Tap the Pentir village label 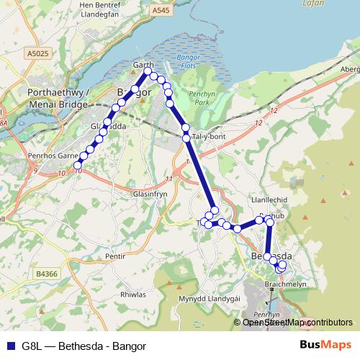pyautogui.click(x=115, y=256)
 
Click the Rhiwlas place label pyautogui.click(x=132, y=294)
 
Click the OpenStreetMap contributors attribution pyautogui.click(x=297, y=322)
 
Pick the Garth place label pyautogui.click(x=144, y=65)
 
